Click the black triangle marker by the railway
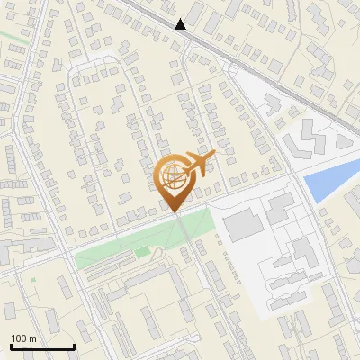point(181,24)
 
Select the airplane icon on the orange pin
point(201,163)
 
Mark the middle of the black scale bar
point(42,346)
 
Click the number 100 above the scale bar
point(19,338)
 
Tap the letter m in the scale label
point(31,338)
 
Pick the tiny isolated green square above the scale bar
point(33,280)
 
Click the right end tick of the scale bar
point(74,346)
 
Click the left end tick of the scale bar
point(11,346)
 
